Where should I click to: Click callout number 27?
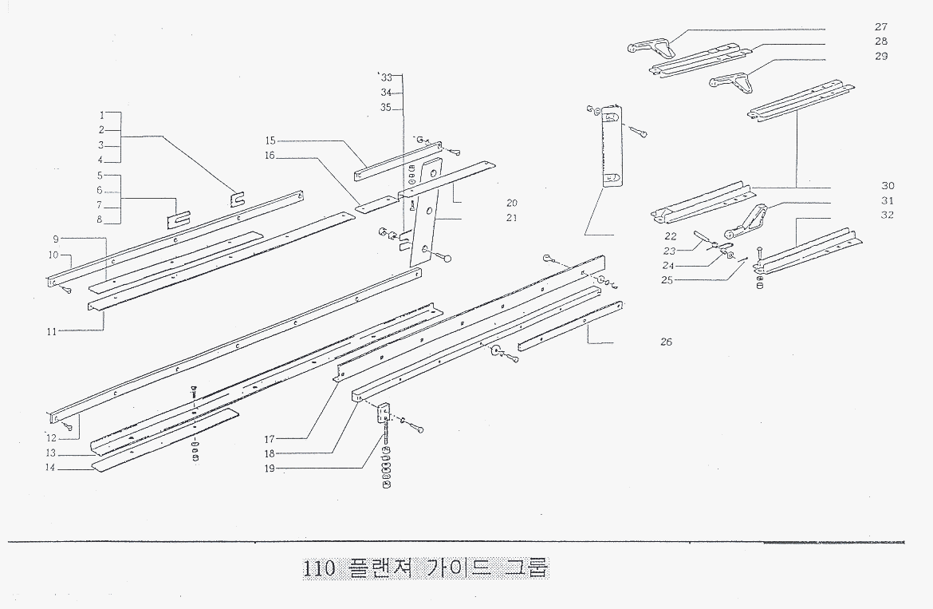click(x=881, y=26)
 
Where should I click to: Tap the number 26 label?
click(x=666, y=342)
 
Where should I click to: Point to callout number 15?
click(x=270, y=141)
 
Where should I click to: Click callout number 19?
click(x=270, y=469)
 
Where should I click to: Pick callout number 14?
click(x=50, y=469)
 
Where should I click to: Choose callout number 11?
click(x=51, y=330)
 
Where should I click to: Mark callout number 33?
click(x=387, y=78)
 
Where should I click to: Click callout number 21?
click(x=511, y=218)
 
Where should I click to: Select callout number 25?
click(x=667, y=280)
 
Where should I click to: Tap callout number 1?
click(x=101, y=115)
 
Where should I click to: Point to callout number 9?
click(x=57, y=239)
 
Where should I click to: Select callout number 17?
click(x=270, y=439)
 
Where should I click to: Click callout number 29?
click(x=881, y=56)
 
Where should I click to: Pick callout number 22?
click(x=670, y=236)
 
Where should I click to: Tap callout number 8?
click(x=100, y=219)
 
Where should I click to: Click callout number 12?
click(x=51, y=437)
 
